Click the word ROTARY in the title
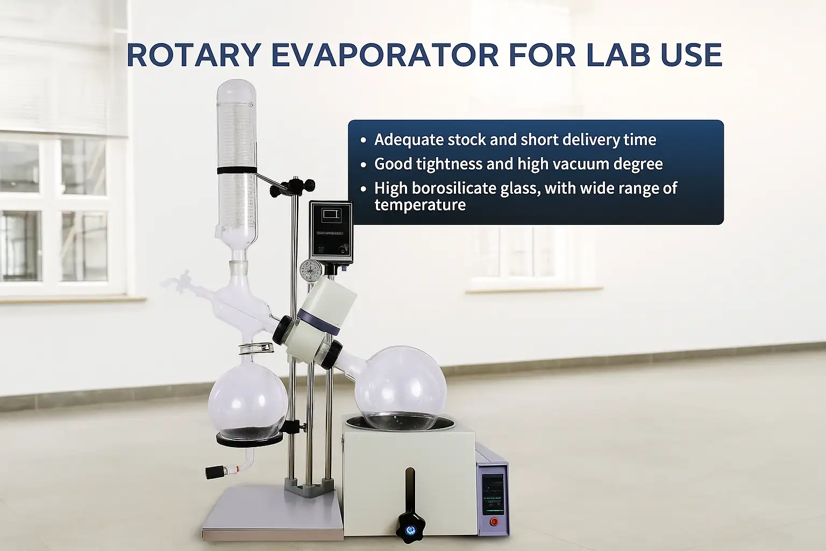194,55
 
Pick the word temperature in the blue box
420,205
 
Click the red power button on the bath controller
494,521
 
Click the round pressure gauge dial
311,268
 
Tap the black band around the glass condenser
237,171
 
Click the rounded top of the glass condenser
237,89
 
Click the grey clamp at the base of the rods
306,487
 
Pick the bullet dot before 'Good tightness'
364,165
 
